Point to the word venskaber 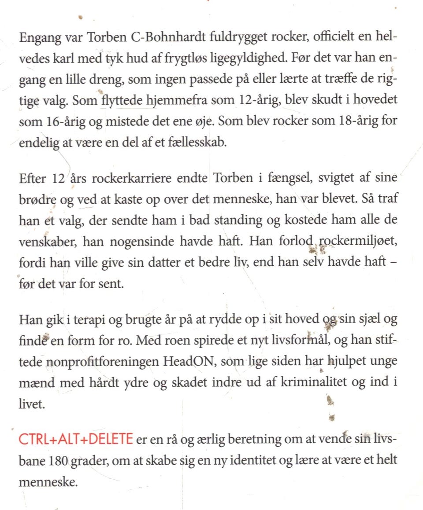click(47, 242)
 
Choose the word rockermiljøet click(357, 242)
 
